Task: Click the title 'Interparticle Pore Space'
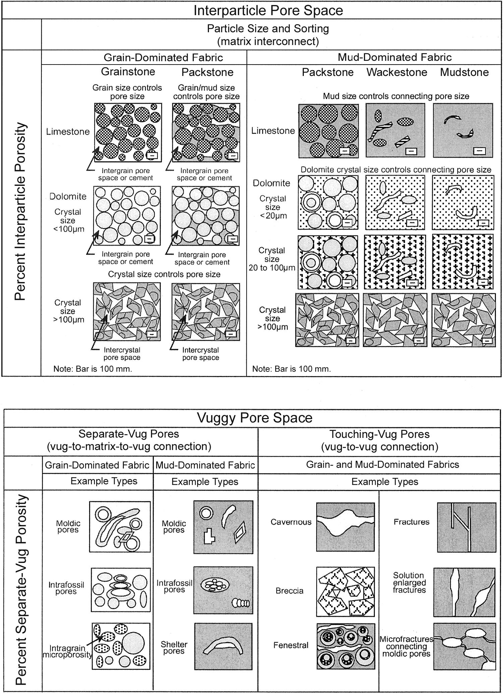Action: [x=268, y=10]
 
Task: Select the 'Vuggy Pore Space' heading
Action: [x=254, y=418]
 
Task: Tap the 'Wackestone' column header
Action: [x=397, y=72]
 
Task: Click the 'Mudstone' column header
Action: [x=464, y=72]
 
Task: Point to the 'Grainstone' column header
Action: [x=128, y=72]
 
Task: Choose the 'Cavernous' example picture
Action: [x=345, y=527]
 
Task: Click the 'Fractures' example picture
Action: [x=466, y=527]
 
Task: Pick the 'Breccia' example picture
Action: [x=346, y=591]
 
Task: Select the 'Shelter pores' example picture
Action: [x=223, y=646]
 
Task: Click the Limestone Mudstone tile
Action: [x=463, y=130]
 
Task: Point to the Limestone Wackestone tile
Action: [x=395, y=130]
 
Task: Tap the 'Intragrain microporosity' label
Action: [x=67, y=651]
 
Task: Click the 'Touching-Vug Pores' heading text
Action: [x=379, y=434]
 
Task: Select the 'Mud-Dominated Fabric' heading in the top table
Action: [x=394, y=57]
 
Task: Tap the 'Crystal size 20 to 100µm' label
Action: [x=272, y=259]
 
